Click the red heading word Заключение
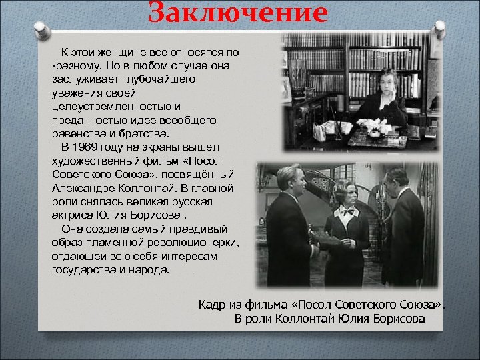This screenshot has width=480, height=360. coord(238,13)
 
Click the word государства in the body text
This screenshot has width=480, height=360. coord(82,270)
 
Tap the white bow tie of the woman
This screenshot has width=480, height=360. coord(347,211)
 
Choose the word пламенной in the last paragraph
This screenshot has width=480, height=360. coord(115,243)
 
